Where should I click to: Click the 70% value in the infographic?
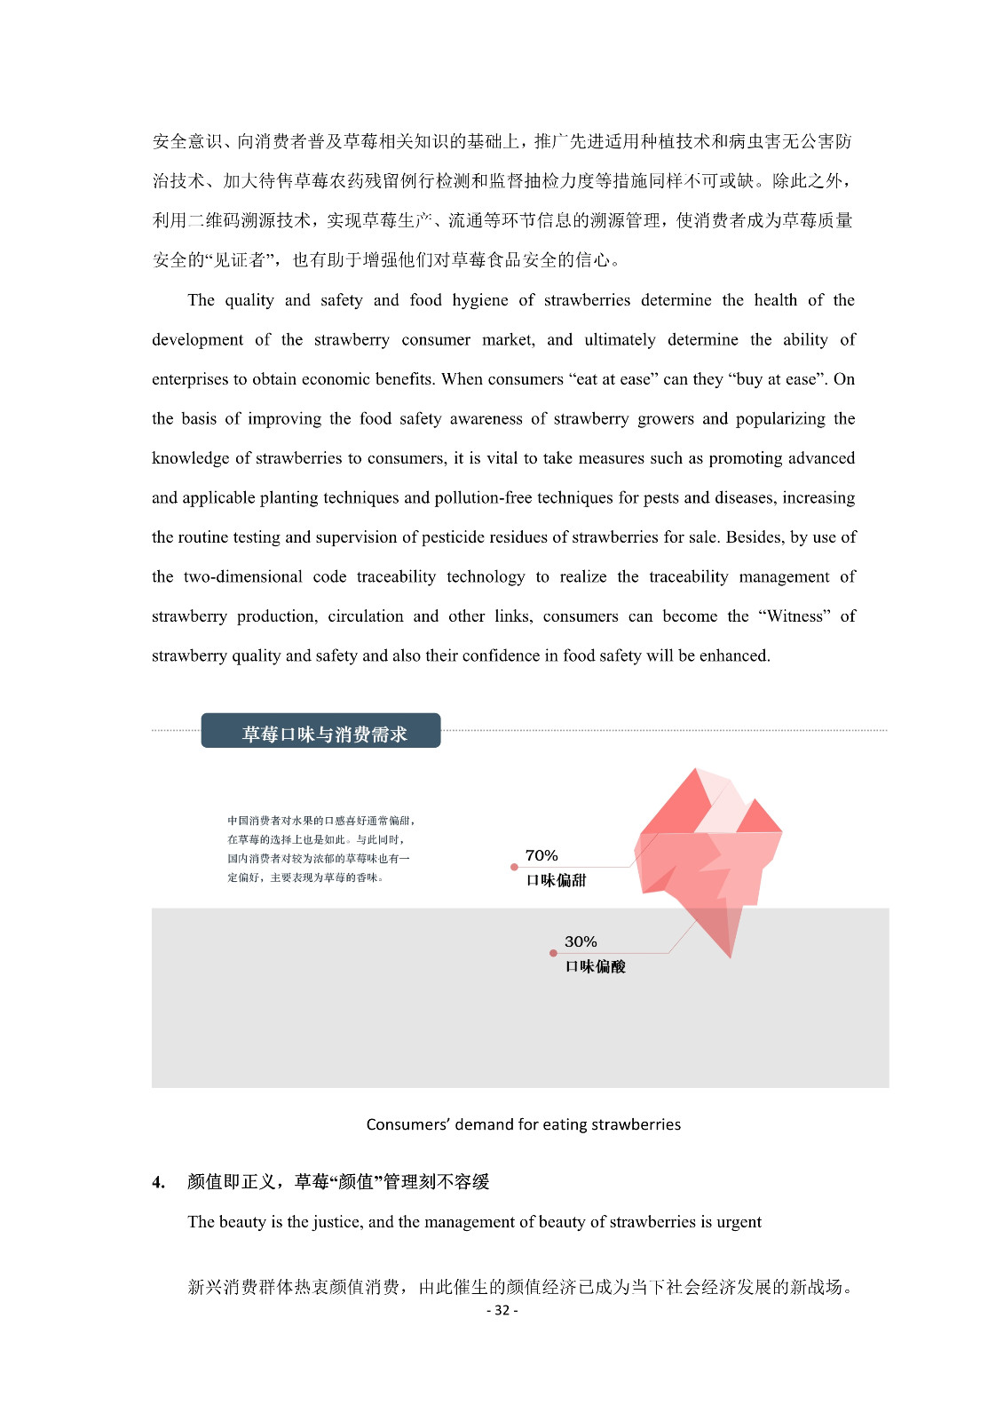tap(541, 855)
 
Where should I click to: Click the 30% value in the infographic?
tap(580, 941)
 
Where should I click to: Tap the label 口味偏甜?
tap(556, 880)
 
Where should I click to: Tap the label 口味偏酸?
tap(595, 966)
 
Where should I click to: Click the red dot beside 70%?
tap(514, 867)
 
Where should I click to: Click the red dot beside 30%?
tap(553, 953)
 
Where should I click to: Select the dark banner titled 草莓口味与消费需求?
tap(320, 731)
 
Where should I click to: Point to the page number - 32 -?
tap(502, 1310)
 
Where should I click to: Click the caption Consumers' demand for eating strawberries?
tap(523, 1124)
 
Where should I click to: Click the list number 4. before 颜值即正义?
tap(158, 1182)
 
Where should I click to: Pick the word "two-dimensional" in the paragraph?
tap(242, 576)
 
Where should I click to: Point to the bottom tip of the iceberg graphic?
tap(731, 957)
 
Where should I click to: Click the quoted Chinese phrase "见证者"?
tap(234, 260)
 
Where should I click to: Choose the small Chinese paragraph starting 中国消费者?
tap(320, 848)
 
